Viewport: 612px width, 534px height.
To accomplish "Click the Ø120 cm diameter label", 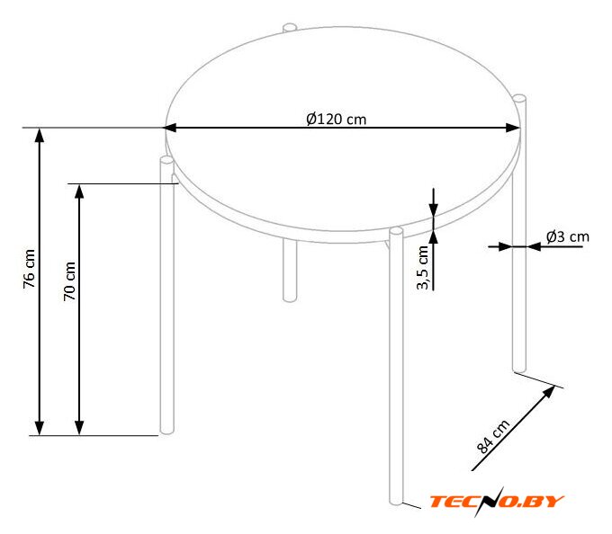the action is [336, 119].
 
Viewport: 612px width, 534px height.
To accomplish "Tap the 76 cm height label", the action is [30, 269].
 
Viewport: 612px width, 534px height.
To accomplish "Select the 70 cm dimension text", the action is [69, 281].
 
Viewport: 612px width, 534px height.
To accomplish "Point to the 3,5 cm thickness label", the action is [423, 268].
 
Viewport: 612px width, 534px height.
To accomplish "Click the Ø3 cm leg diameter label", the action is [568, 236].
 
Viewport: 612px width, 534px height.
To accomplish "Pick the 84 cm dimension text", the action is [493, 437].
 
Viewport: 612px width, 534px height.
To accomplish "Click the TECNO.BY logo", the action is [497, 502].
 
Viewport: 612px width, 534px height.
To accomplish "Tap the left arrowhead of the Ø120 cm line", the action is [169, 128].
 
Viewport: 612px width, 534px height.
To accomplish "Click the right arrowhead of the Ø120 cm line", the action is [513, 128].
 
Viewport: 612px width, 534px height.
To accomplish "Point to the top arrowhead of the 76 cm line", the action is [40, 135].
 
